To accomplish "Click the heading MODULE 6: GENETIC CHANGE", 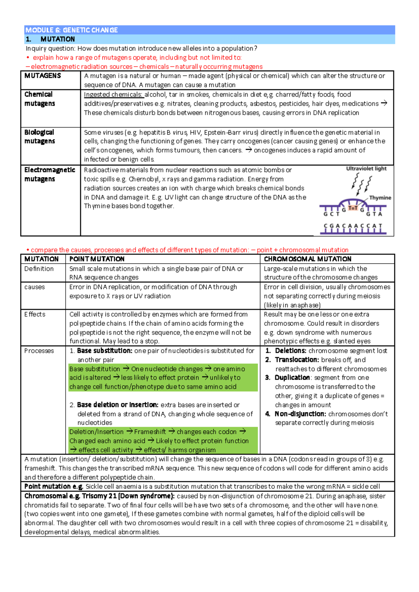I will (72, 30).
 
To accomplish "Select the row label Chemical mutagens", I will (39, 99).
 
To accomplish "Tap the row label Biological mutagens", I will (39, 136).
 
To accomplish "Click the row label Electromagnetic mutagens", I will (50, 174).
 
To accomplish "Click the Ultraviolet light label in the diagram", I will (366, 169).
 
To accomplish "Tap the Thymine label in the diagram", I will (380, 198).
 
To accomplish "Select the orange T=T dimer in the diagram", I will (353, 208).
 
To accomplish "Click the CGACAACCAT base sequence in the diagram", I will (353, 226).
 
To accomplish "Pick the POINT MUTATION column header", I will (97, 259).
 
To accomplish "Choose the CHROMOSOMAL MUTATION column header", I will (307, 259).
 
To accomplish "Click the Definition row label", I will (39, 269).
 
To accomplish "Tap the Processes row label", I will (39, 351).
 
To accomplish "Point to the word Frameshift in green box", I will (150, 432).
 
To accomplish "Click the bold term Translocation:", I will (297, 360).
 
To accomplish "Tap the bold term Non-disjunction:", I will (300, 414).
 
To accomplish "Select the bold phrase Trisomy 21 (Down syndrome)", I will (128, 496).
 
